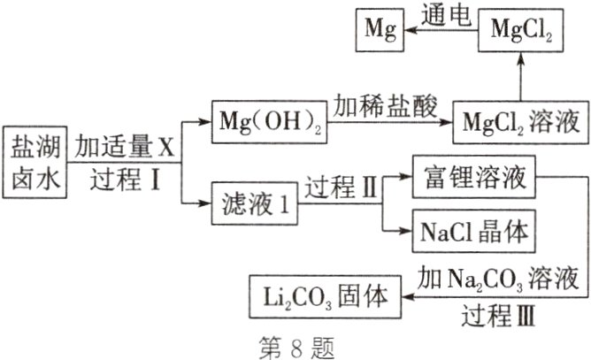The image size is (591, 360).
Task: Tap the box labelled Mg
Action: point(376,29)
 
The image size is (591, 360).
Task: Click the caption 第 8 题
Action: point(295,346)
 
